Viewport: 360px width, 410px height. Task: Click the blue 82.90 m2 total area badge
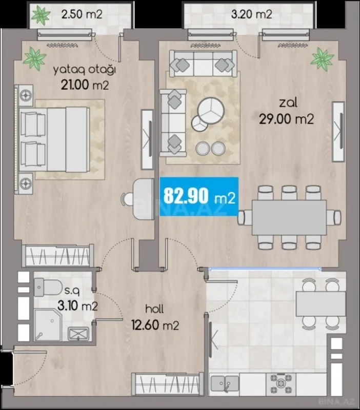[x=199, y=196]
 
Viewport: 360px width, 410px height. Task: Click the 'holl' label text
[x=154, y=309]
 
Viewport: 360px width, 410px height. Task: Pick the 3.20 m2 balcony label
[x=251, y=14]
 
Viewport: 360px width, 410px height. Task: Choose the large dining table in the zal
[x=289, y=217]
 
